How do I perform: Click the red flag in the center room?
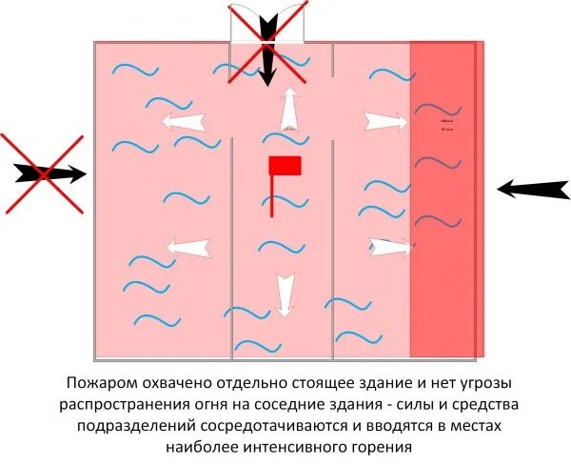tap(285, 166)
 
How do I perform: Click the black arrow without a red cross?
tap(533, 189)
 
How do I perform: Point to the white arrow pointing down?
tap(284, 294)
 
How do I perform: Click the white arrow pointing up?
tap(287, 110)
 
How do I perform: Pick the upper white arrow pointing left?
tap(184, 121)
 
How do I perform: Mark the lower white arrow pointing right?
tap(390, 248)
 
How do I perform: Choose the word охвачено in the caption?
tap(178, 383)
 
